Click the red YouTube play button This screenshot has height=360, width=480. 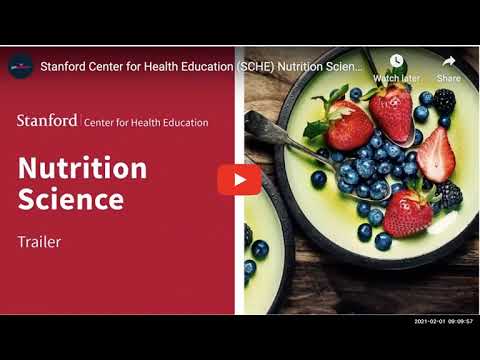pos(239,179)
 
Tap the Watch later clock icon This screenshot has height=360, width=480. pos(396,61)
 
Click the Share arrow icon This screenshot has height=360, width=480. pos(449,61)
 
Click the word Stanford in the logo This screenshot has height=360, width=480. pos(47,121)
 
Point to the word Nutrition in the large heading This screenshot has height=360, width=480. pos(82,167)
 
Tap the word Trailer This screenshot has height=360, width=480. pos(40,241)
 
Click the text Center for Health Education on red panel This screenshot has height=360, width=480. pos(146,123)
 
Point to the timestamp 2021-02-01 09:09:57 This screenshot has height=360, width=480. pos(444,322)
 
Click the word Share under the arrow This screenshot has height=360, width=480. pos(449,78)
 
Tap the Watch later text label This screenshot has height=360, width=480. pos(396,78)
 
